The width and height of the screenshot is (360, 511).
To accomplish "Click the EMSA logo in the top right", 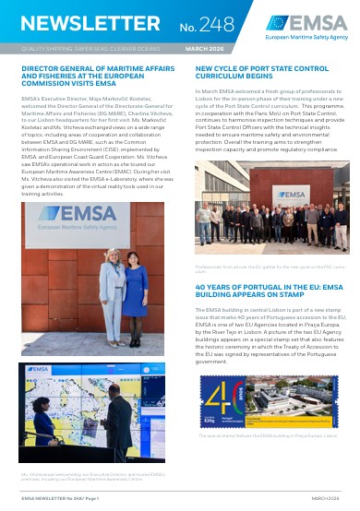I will (306, 27).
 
